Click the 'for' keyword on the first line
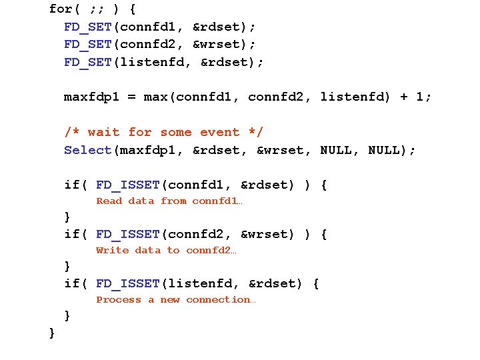61,9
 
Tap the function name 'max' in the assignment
155,97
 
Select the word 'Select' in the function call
87,150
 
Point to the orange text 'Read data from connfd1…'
169,201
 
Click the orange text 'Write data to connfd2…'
166,251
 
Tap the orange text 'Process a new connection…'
175,300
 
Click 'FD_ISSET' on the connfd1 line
127,185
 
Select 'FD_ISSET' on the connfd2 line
127,234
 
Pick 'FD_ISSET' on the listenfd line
127,283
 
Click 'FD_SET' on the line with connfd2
87,45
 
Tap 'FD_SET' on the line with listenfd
87,62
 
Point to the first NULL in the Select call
336,150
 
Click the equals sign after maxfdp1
131,97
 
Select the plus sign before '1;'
404,97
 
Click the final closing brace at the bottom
52,332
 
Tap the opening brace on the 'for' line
132,9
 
